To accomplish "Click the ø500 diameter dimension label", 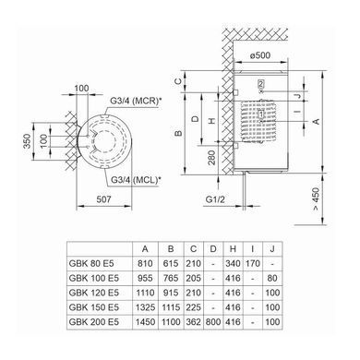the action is [x=260, y=55].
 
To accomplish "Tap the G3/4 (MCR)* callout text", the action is [x=136, y=101].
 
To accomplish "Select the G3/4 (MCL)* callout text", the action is [x=136, y=180].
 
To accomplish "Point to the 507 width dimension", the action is [x=103, y=199].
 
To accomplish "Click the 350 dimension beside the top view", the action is [x=28, y=141].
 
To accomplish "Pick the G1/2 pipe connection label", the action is [x=215, y=199].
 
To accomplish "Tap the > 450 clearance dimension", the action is [x=316, y=199].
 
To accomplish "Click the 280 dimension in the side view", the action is [x=212, y=158].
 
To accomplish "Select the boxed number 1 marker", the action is [x=261, y=114].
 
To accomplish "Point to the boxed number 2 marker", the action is [x=261, y=84].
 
